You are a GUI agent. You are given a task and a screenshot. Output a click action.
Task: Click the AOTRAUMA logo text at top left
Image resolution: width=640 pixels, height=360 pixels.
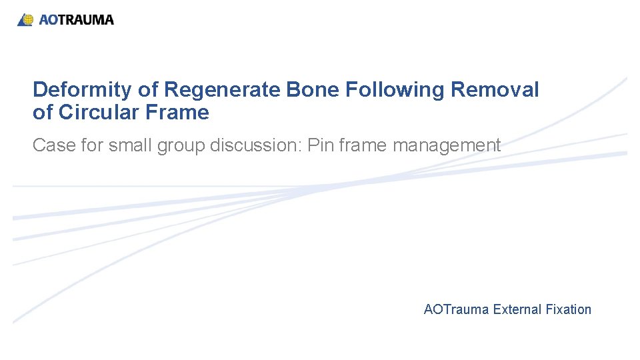tap(76, 20)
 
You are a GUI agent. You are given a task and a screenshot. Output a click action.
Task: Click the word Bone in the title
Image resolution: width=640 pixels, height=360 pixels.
tap(311, 90)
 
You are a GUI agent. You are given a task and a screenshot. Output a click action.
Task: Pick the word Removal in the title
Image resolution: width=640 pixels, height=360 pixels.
tap(495, 90)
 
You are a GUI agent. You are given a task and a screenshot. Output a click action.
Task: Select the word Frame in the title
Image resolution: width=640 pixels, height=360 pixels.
tap(181, 113)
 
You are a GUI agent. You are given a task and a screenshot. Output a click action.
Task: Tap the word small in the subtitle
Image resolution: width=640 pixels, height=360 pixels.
tap(126, 145)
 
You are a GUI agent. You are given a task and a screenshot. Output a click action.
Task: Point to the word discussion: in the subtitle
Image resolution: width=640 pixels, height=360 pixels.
tap(255, 145)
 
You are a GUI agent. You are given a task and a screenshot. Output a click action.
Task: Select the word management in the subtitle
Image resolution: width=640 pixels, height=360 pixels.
tap(447, 145)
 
